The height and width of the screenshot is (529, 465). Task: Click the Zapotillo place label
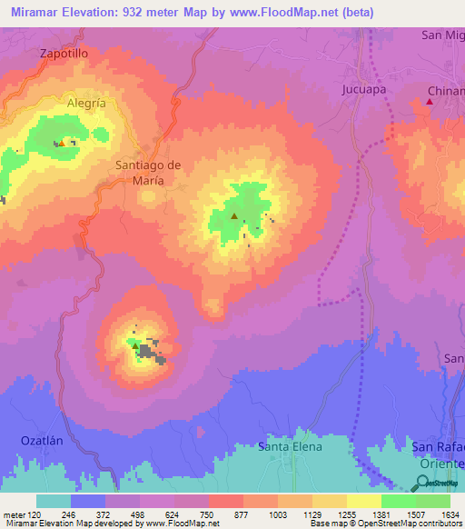[x=64, y=54]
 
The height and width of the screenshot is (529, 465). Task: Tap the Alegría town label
[x=86, y=104]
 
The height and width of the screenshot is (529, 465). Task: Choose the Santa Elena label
[x=290, y=446]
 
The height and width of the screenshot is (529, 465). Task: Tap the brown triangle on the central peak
[x=234, y=216]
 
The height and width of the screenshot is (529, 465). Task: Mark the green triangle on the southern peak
[x=134, y=345]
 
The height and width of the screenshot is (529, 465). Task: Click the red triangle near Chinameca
[x=430, y=101]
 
